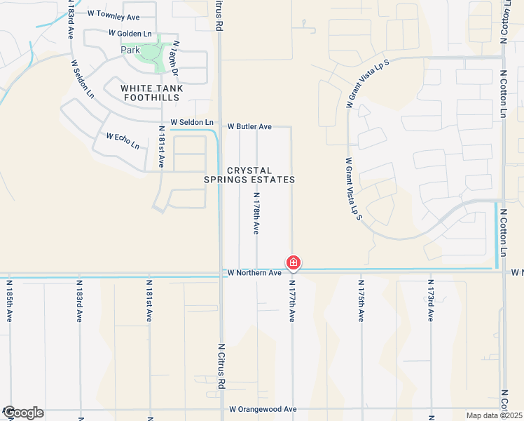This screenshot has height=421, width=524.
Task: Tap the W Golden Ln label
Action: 130,33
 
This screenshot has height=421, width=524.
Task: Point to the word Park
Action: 130,50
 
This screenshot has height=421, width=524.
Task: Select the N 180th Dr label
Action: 175,59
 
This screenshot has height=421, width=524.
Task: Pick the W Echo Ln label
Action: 123,140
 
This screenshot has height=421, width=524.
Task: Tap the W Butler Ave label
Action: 249,127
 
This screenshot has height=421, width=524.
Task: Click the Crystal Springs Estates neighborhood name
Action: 249,175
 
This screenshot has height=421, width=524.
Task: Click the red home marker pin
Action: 294,263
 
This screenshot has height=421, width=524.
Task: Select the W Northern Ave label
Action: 253,272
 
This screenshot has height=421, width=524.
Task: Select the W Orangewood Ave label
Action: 263,409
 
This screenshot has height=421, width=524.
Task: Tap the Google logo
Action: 22,413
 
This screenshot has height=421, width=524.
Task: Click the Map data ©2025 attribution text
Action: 494,415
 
